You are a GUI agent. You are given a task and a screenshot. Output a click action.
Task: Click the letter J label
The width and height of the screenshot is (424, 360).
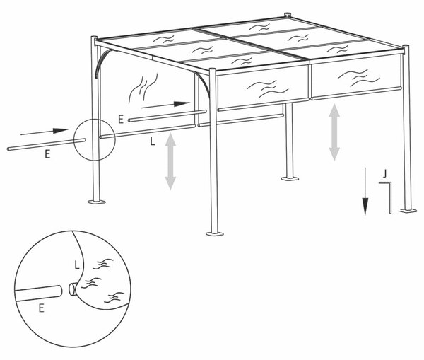click(x=385, y=173)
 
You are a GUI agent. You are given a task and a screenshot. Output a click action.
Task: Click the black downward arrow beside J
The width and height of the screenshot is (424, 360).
click(x=365, y=192)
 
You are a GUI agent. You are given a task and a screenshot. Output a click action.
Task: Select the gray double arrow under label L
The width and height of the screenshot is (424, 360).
click(x=170, y=161)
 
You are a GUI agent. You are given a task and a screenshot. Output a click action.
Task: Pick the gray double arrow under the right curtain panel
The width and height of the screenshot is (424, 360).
click(x=334, y=132)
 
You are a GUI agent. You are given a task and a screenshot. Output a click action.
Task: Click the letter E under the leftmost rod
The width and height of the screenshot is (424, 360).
click(x=47, y=154)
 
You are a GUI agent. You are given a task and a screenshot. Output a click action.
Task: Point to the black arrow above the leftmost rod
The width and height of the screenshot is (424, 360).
click(x=45, y=132)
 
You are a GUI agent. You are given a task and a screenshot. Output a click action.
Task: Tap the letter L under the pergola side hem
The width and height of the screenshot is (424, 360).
click(x=153, y=141)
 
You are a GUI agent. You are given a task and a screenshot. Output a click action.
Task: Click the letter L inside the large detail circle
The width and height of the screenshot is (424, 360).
click(x=77, y=265)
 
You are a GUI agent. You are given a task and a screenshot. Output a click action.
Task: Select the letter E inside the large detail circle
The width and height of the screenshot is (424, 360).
click(x=42, y=308)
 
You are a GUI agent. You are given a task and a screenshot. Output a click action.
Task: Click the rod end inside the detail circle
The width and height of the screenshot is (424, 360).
click(x=59, y=291)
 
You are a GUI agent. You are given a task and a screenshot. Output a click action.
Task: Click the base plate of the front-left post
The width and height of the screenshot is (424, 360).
click(x=97, y=202)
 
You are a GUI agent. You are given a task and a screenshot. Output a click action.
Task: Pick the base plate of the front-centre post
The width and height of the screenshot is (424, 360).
click(x=215, y=233)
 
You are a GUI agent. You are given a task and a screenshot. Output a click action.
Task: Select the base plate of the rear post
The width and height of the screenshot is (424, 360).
click(x=290, y=178)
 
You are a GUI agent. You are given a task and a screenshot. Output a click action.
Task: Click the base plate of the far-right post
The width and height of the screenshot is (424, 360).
click(x=408, y=210)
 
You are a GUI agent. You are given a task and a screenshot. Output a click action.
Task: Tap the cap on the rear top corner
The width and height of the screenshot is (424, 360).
click(x=288, y=15)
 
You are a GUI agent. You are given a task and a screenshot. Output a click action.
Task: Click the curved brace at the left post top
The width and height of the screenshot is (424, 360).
click(x=102, y=62)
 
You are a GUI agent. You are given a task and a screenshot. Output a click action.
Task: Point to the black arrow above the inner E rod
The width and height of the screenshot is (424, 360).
click(x=165, y=105)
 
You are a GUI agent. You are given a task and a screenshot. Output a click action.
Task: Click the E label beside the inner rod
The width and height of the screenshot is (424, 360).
click(x=121, y=119)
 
